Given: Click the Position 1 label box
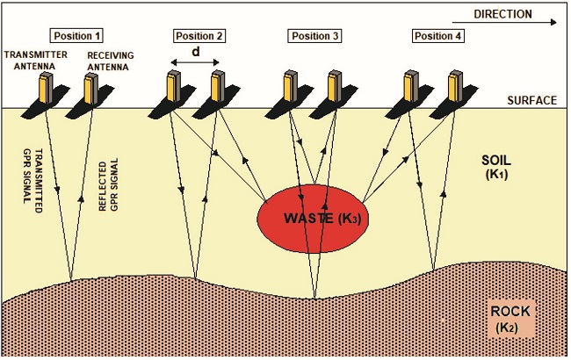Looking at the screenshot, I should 78,37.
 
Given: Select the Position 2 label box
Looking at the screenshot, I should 199,37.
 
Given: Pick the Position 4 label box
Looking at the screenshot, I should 437,37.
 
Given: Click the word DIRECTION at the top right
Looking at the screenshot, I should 502,14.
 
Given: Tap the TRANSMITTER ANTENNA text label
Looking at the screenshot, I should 34,59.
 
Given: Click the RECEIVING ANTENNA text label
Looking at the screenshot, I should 110,59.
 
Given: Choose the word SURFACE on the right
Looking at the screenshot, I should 531,100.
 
